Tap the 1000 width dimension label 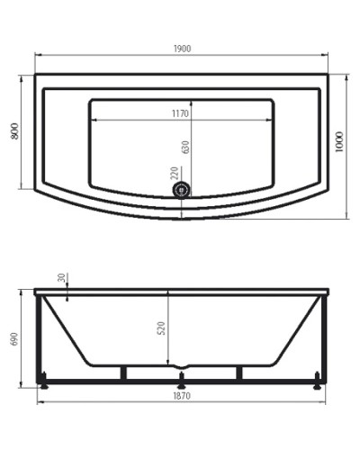[339, 143]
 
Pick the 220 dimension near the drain [174, 172]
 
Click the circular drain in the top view [183, 190]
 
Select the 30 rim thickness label [61, 278]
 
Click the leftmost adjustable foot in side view [43, 384]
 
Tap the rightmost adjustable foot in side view [318, 384]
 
